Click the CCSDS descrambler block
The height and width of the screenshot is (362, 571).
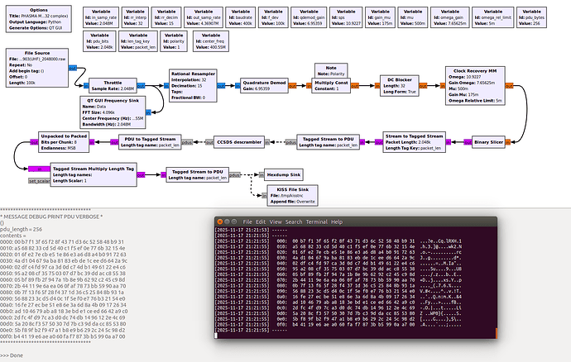(x=241, y=141)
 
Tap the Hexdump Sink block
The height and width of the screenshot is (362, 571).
(x=281, y=175)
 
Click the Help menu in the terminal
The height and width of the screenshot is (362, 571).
(x=336, y=221)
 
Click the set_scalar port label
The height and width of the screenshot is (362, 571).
(x=38, y=180)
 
